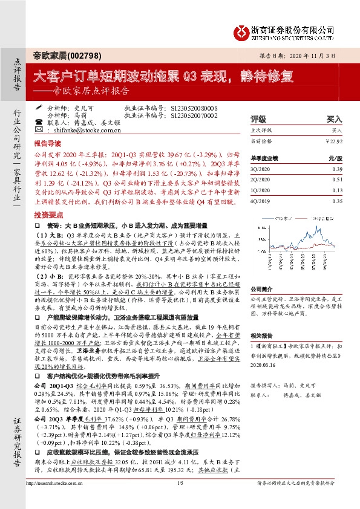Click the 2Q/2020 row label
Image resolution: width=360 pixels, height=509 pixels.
(260, 180)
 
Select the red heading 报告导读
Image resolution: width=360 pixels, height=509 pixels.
(47, 145)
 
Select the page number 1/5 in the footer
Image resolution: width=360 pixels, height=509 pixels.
(180, 499)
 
